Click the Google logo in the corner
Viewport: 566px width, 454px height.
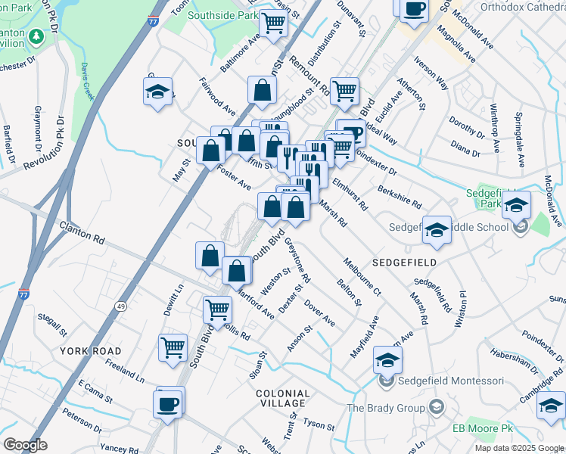pos(25,445)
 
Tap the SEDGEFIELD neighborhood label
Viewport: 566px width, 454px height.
pos(404,262)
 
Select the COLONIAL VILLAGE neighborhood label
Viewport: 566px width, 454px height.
pos(282,399)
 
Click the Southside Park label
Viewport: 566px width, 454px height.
pos(218,14)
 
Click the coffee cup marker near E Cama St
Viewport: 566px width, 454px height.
pos(167,403)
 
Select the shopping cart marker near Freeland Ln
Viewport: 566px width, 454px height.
pos(173,347)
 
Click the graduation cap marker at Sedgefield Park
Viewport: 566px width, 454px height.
pos(516,204)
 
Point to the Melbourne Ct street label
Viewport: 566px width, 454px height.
pos(362,276)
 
